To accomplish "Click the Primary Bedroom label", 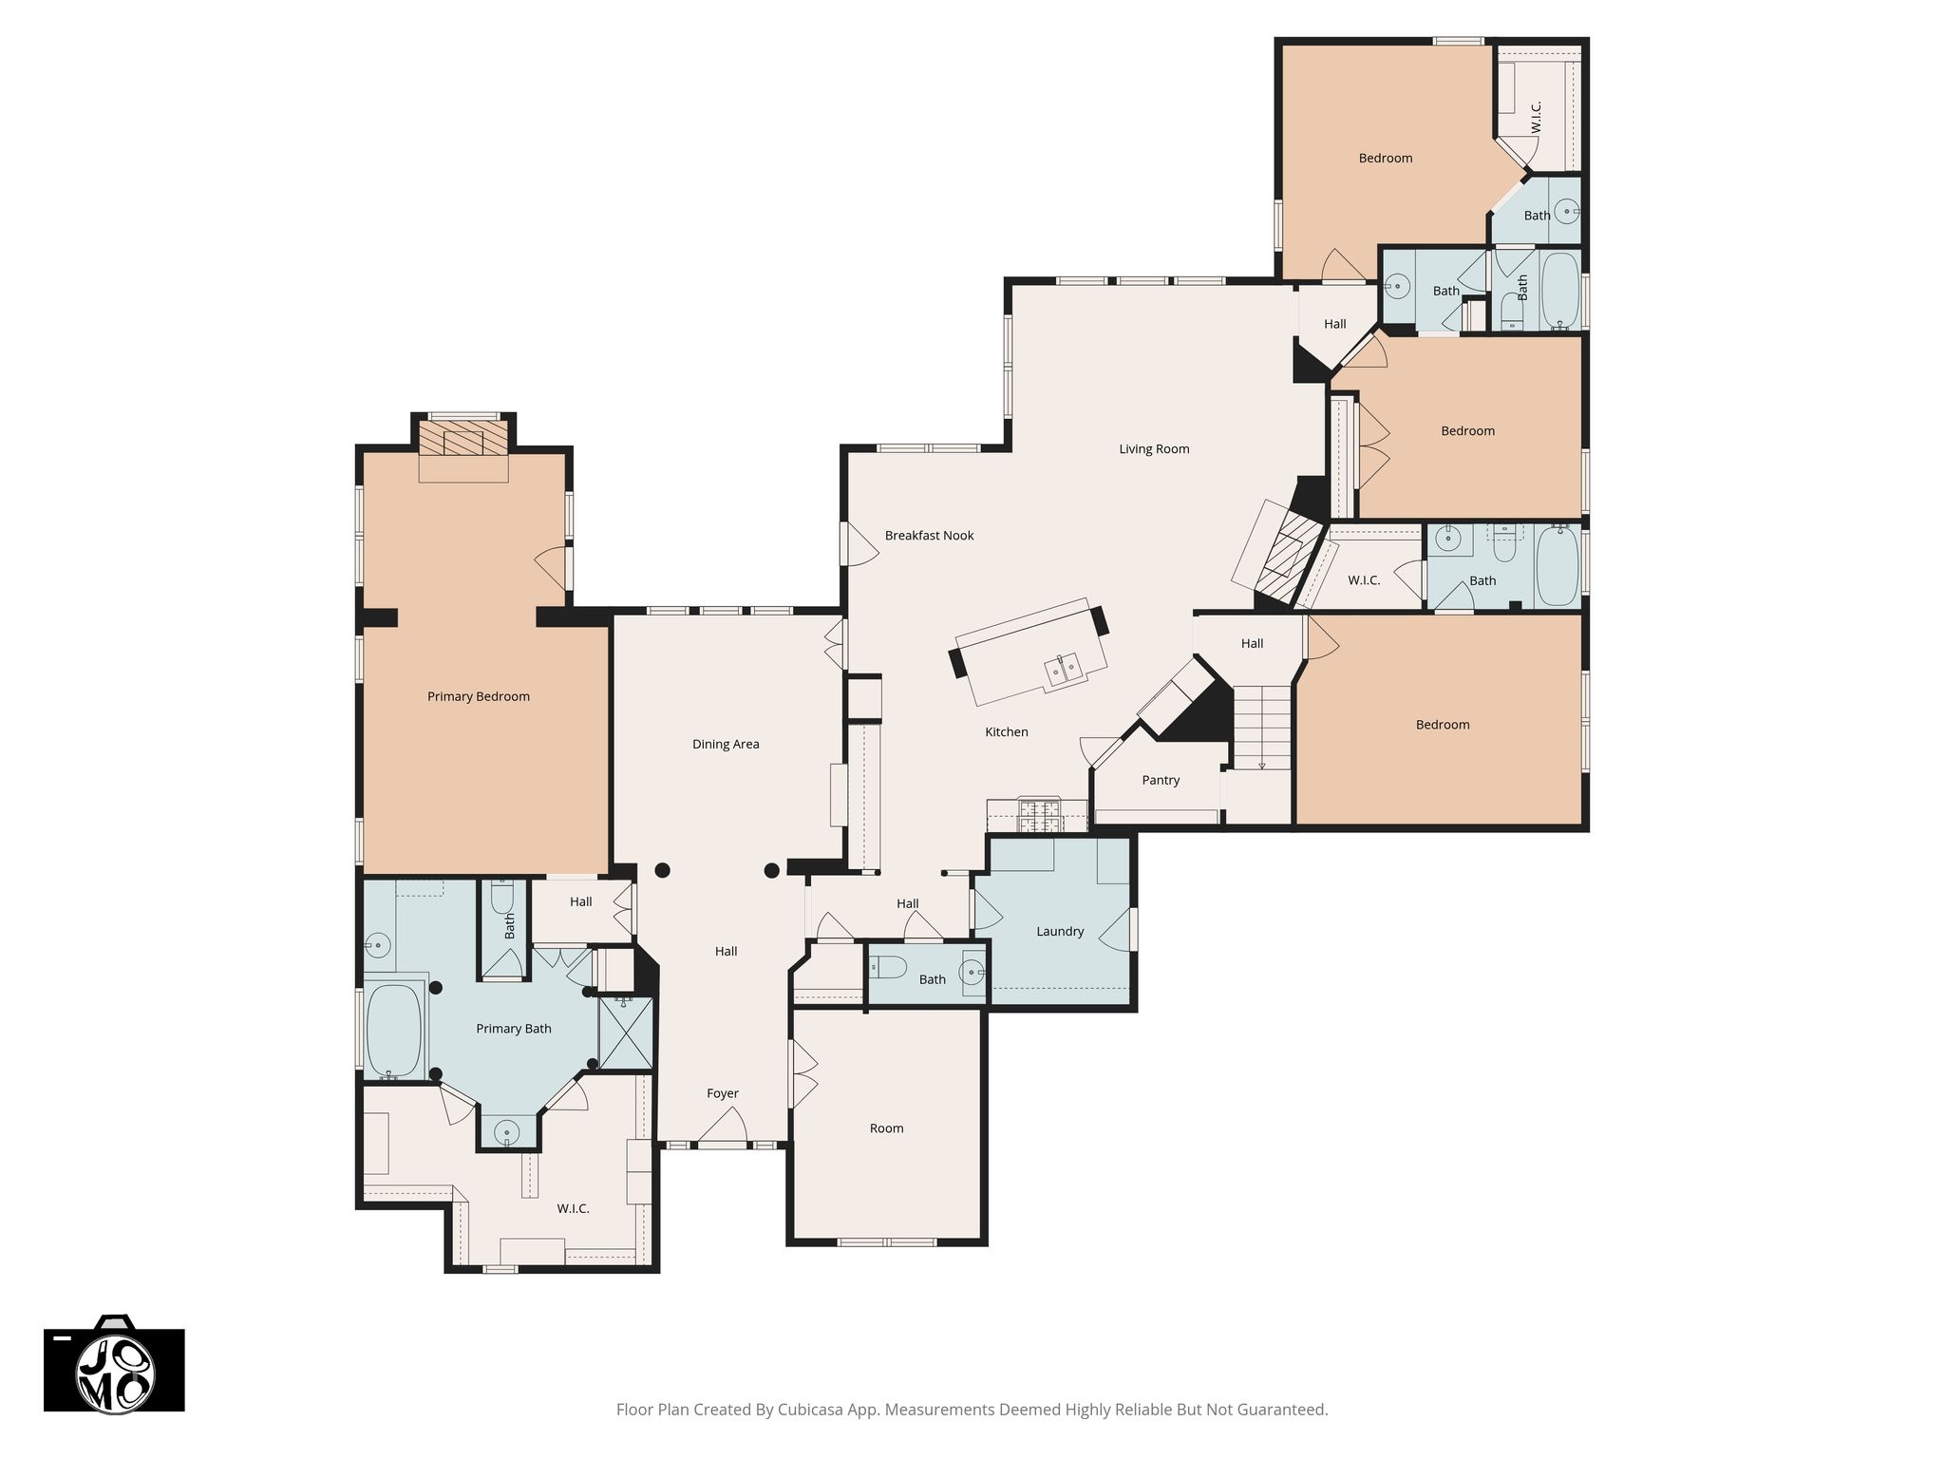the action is pyautogui.click(x=479, y=696).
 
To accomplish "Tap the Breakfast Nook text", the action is pyautogui.click(x=929, y=536).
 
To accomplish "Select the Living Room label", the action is pyautogui.click(x=1154, y=449).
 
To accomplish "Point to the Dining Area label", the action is pyautogui.click(x=726, y=745).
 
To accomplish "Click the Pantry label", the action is pyautogui.click(x=1161, y=781).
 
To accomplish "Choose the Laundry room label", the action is pyautogui.click(x=1060, y=932).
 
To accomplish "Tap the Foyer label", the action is pyautogui.click(x=723, y=1094).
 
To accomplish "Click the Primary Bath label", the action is pyautogui.click(x=513, y=1029).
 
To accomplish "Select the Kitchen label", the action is pyautogui.click(x=1007, y=732).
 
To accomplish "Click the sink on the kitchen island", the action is pyautogui.click(x=1065, y=670).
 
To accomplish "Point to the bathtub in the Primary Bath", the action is pyautogui.click(x=393, y=1030).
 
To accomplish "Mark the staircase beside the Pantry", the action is pyautogui.click(x=1261, y=728).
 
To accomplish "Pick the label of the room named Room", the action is pyautogui.click(x=886, y=1128).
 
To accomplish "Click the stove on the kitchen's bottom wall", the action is pyautogui.click(x=1040, y=815).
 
